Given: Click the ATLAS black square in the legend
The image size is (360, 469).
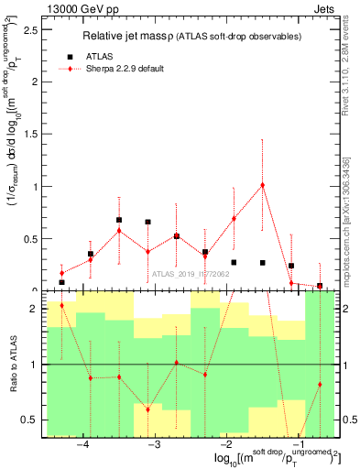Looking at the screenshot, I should (71, 56).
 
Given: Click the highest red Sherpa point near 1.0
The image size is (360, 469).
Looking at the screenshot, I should (263, 185).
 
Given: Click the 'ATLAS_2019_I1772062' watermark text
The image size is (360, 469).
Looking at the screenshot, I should (191, 273).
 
